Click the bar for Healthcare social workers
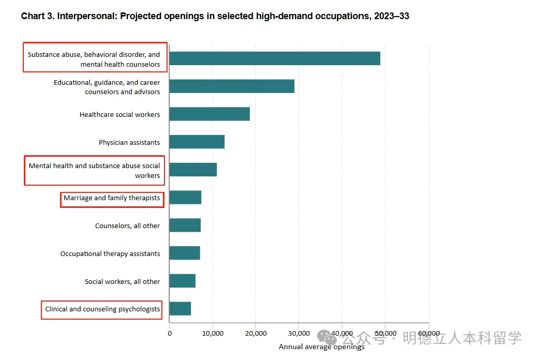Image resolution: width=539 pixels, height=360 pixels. [209, 114]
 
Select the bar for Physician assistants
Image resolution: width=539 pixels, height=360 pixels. [197, 142]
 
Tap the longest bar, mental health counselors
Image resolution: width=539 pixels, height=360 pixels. [275, 58]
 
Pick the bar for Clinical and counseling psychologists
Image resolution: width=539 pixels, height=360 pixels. [180, 309]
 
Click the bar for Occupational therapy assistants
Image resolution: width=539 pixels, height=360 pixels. [185, 253]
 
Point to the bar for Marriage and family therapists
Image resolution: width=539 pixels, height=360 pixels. [185, 197]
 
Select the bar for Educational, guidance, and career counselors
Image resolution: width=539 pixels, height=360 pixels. [232, 86]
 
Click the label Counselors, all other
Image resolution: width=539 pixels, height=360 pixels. [127, 226]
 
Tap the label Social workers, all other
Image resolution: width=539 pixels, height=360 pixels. [123, 282]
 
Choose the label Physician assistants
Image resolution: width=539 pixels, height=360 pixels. [129, 142]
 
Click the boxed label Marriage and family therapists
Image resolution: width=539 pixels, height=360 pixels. [112, 198]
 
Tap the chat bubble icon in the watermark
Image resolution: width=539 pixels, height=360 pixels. [327, 338]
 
